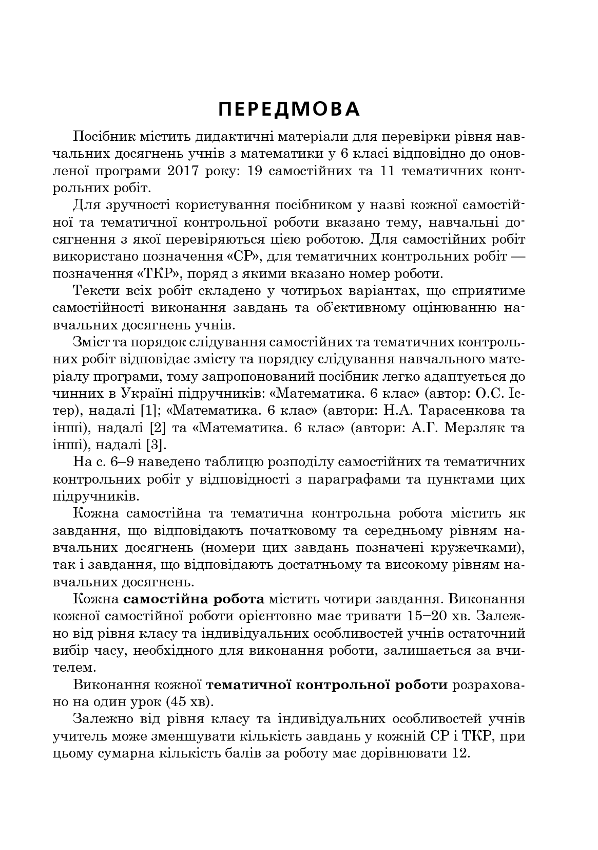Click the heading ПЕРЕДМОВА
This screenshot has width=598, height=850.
pos(289,109)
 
